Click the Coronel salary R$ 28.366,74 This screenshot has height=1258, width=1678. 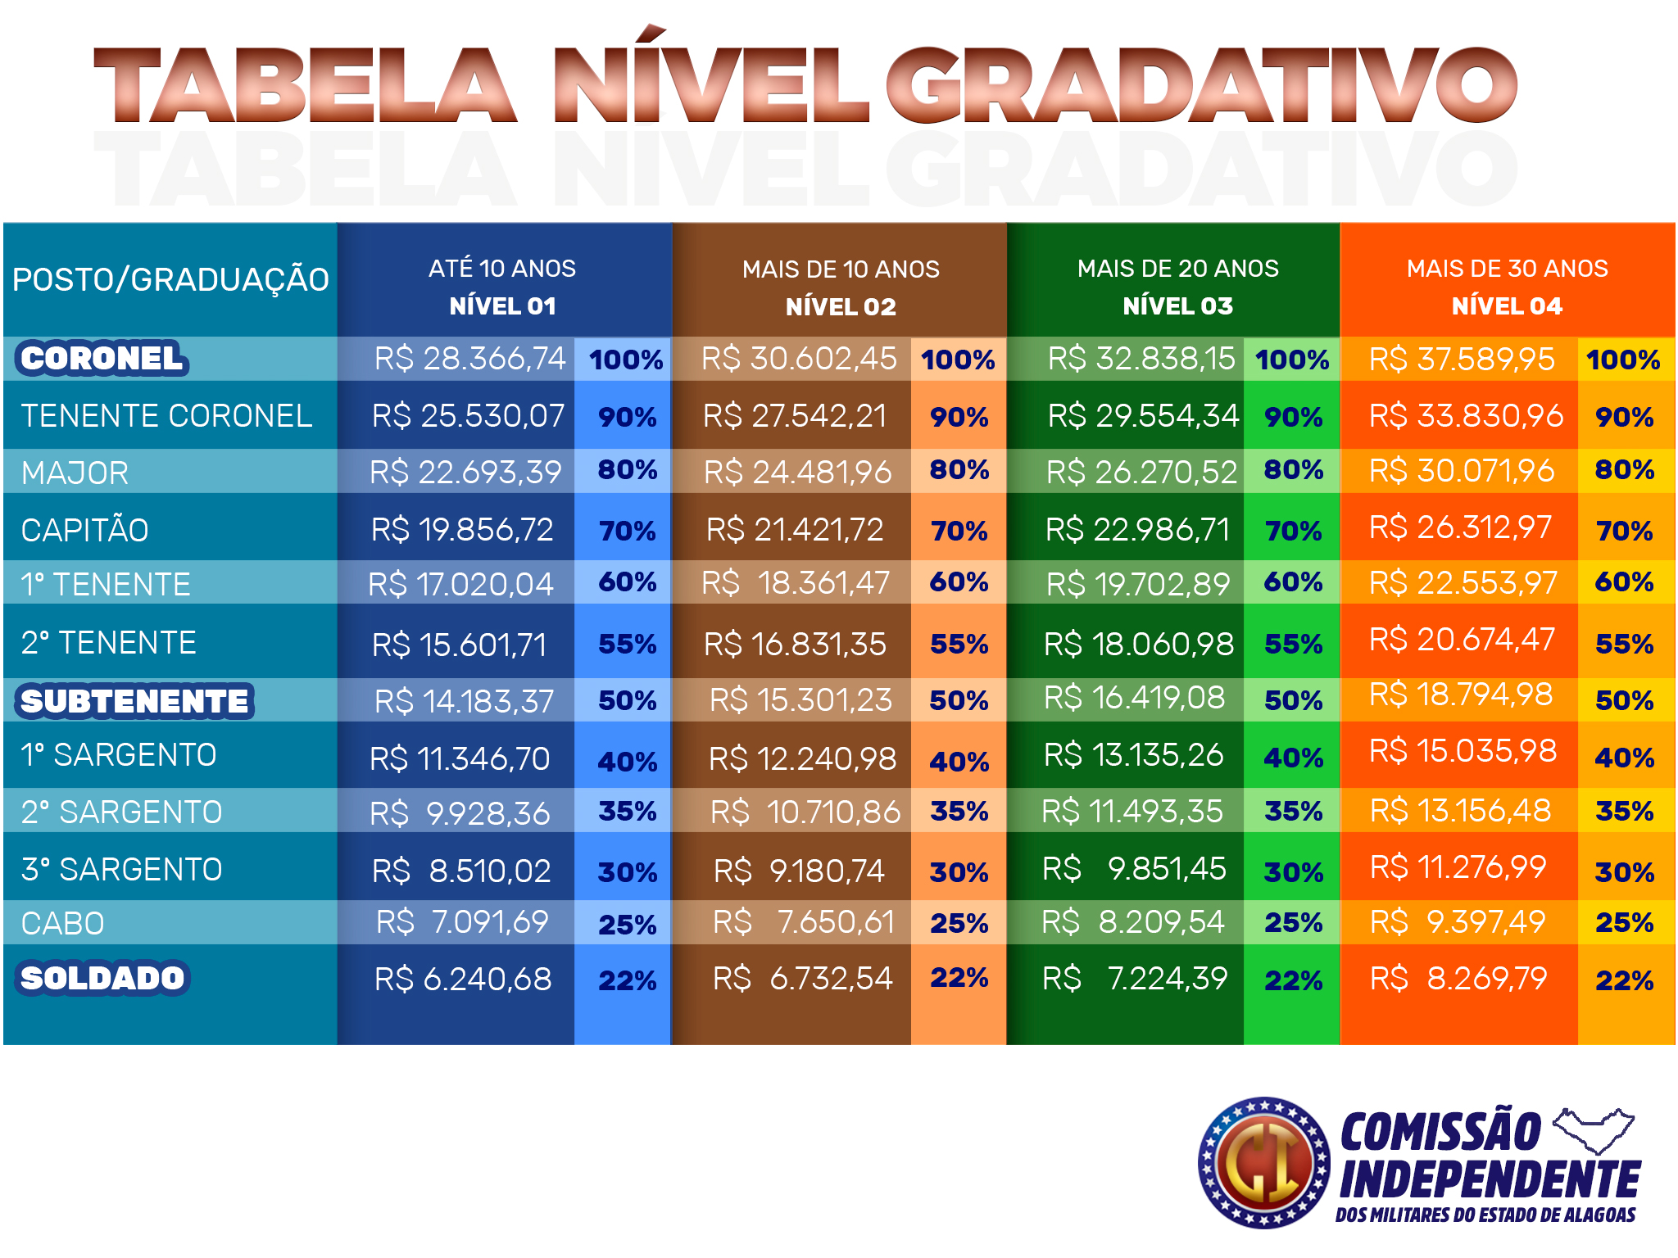click(469, 359)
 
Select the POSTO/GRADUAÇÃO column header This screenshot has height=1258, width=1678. click(170, 280)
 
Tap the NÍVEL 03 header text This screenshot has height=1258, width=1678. click(1177, 306)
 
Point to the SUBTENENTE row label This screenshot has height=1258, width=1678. click(134, 702)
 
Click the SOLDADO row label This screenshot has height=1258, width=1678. click(102, 978)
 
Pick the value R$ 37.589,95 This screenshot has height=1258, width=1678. click(1462, 359)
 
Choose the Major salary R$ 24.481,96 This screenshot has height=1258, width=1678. click(797, 472)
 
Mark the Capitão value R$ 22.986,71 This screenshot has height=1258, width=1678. click(1137, 530)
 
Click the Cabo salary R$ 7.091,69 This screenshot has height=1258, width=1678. click(462, 922)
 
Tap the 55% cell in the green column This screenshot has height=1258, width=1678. click(1293, 644)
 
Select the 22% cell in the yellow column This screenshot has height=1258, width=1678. click(1624, 980)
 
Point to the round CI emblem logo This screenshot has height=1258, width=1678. click(1263, 1163)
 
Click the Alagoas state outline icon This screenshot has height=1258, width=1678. click(1594, 1130)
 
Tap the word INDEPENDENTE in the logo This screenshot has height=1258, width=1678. click(1490, 1180)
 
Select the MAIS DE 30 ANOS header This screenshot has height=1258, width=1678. click(1507, 269)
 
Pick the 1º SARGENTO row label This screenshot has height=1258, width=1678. click(119, 755)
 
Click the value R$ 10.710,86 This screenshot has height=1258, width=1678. click(805, 812)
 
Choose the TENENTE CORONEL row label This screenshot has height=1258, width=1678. click(166, 416)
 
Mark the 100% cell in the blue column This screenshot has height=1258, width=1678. click(626, 360)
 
